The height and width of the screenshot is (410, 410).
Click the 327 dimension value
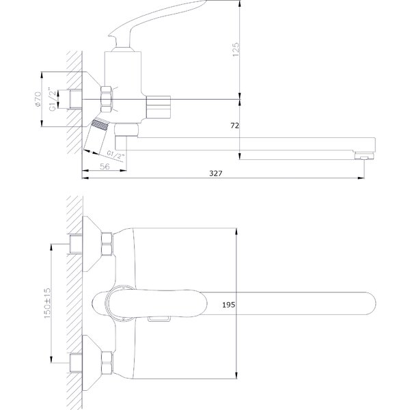[216, 174]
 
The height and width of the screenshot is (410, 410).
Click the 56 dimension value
[105, 166]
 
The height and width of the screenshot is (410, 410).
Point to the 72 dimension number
[234, 126]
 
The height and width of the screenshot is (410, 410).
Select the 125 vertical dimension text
[236, 49]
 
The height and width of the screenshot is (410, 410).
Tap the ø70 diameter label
[38, 99]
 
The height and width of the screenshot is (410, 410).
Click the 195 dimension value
[228, 305]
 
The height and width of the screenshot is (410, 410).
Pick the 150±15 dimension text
[47, 303]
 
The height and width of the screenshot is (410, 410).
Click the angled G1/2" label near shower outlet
[115, 155]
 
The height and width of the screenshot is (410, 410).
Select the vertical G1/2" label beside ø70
[53, 100]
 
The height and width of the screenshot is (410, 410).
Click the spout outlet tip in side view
[364, 156]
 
